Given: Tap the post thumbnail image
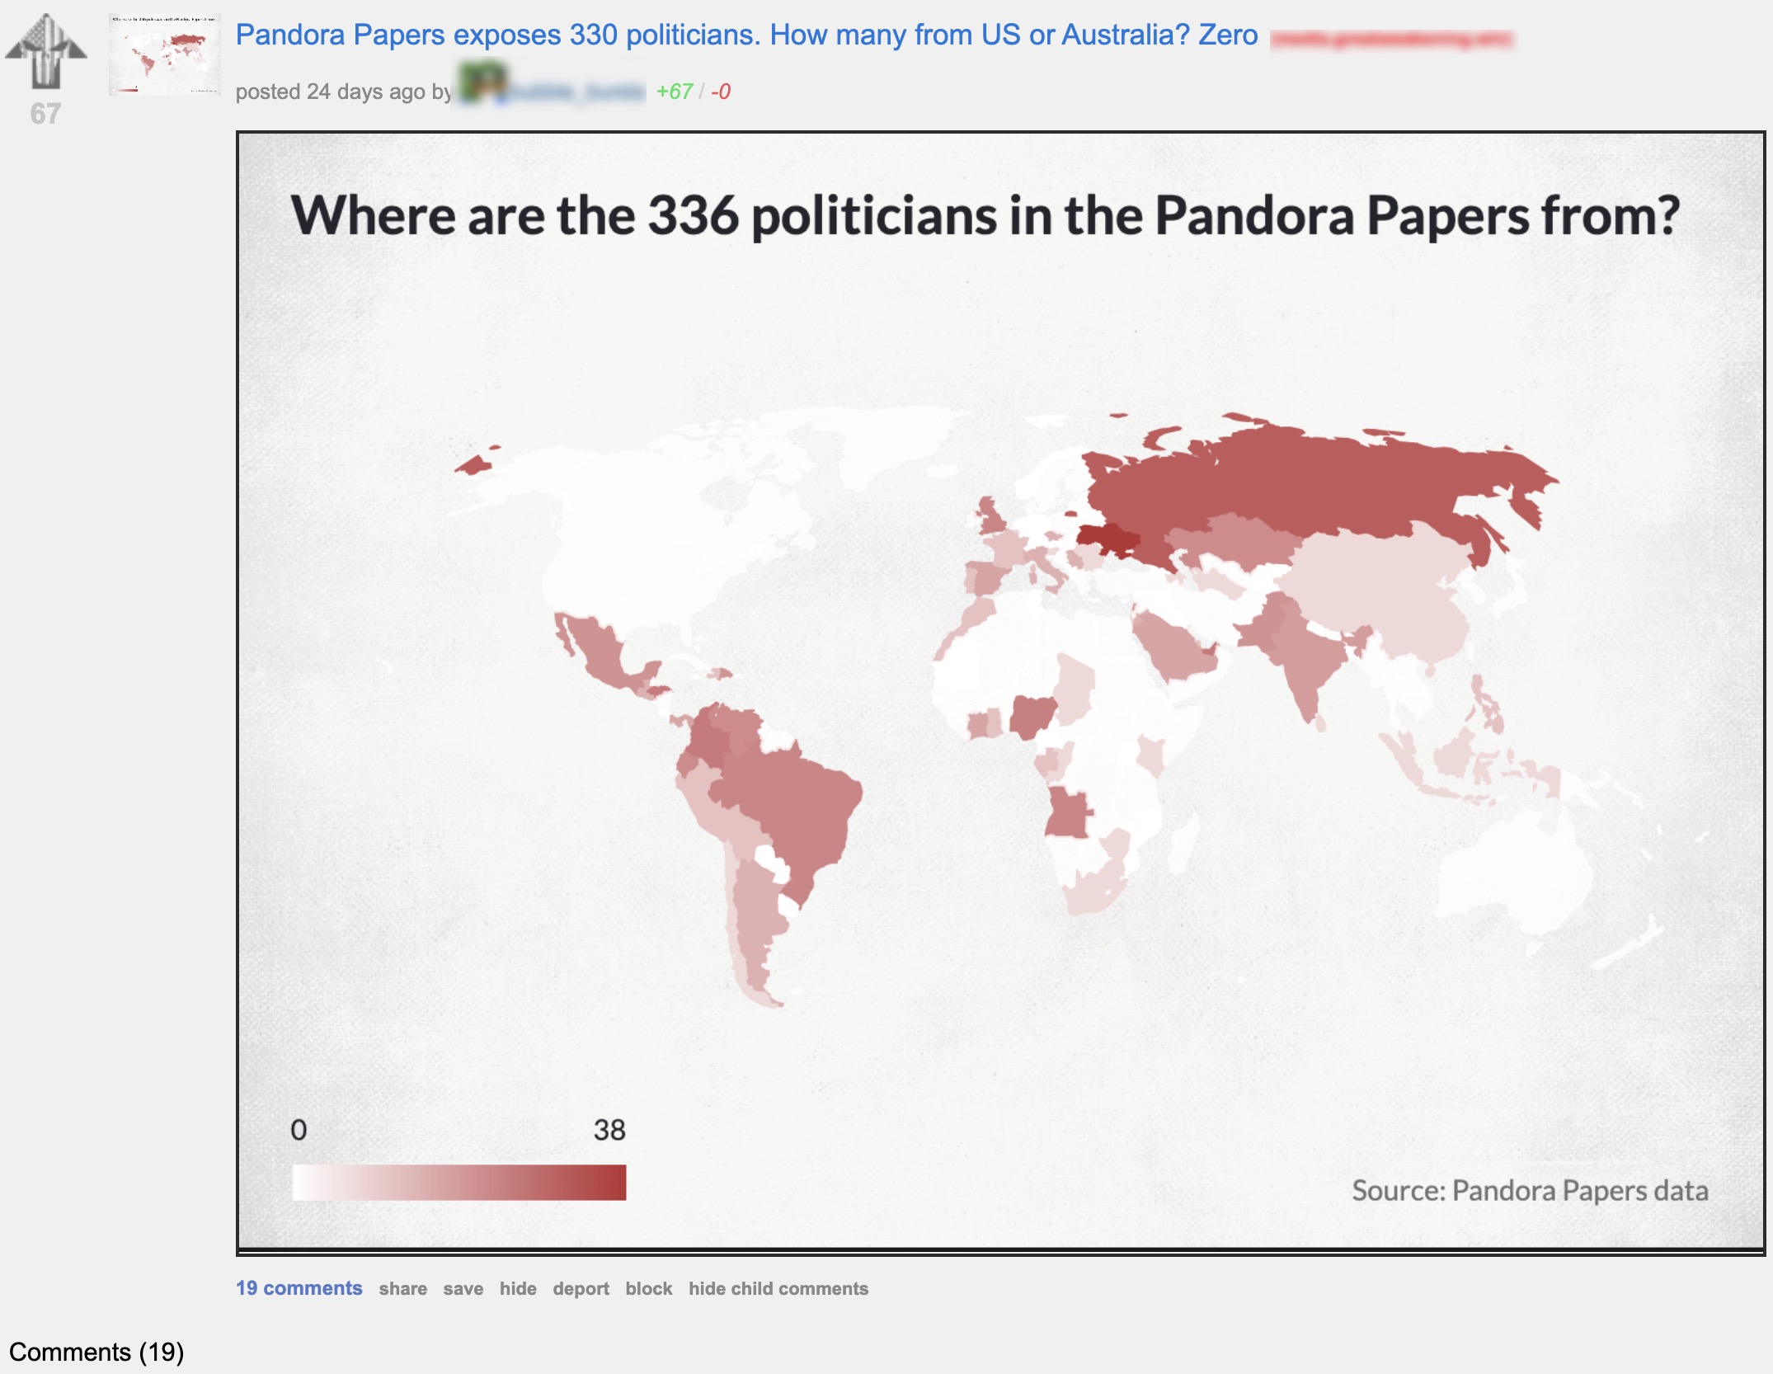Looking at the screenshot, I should (165, 54).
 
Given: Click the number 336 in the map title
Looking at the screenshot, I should (693, 216).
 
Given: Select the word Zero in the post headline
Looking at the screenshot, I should (1228, 35).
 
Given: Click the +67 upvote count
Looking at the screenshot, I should (674, 92).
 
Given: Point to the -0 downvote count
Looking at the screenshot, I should (721, 92).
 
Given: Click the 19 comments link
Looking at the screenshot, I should (299, 1288).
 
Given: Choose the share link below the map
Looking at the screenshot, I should (402, 1289).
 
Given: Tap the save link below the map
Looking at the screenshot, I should (463, 1289).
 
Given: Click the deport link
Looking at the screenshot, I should (581, 1289).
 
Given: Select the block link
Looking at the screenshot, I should (648, 1289).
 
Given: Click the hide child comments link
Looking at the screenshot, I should (778, 1289).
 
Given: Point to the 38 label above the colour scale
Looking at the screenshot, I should (609, 1130).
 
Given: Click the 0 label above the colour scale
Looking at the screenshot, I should (299, 1130).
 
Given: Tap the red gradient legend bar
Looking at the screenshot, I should (459, 1182).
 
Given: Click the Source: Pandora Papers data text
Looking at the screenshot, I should (1529, 1191).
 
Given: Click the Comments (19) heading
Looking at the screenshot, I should (96, 1352).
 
